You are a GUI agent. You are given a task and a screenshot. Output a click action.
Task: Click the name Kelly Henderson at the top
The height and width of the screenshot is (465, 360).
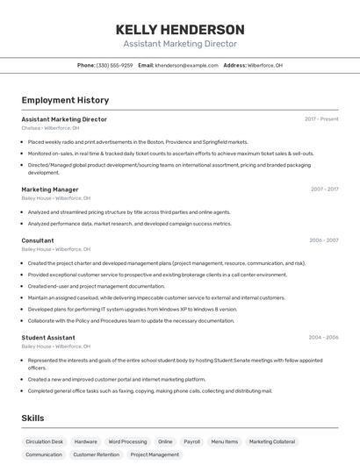pyautogui.click(x=180, y=29)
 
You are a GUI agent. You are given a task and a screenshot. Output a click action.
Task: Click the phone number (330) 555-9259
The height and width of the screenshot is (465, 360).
pyautogui.click(x=114, y=65)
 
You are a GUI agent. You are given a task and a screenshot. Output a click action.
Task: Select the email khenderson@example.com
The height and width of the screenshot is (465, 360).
pyautogui.click(x=186, y=65)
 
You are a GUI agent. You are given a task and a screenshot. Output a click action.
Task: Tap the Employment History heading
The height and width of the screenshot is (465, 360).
pyautogui.click(x=65, y=100)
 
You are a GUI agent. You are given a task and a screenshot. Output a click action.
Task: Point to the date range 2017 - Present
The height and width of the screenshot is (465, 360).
pyautogui.click(x=321, y=119)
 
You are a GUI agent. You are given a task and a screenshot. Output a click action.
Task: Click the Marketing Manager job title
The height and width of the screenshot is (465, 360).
pyautogui.click(x=50, y=190)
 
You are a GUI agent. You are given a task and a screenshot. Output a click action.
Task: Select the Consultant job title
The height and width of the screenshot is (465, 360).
pyautogui.click(x=38, y=240)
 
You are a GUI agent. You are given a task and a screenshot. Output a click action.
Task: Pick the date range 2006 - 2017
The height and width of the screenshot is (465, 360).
pyautogui.click(x=324, y=240)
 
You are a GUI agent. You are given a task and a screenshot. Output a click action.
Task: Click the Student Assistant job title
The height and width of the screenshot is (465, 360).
pyautogui.click(x=48, y=338)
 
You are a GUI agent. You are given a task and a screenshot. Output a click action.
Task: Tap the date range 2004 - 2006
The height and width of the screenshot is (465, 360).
pyautogui.click(x=323, y=338)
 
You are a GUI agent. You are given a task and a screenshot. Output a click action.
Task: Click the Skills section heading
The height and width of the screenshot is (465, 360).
pyautogui.click(x=33, y=418)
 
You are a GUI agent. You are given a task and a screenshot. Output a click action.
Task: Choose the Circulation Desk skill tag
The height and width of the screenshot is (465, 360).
pyautogui.click(x=44, y=441)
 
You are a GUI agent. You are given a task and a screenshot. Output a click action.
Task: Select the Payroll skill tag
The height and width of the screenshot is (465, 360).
pyautogui.click(x=191, y=441)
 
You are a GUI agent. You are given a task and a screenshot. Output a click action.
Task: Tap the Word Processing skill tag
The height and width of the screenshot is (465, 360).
pyautogui.click(x=127, y=441)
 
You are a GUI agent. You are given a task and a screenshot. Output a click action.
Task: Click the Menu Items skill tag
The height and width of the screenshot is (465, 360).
pyautogui.click(x=224, y=441)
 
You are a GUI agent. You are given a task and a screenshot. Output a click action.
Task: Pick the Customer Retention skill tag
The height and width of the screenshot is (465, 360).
pyautogui.click(x=96, y=454)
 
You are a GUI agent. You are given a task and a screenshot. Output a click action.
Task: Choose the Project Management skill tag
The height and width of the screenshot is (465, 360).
pyautogui.click(x=155, y=454)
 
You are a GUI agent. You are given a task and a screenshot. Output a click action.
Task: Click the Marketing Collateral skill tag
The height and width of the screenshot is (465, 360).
pyautogui.click(x=272, y=441)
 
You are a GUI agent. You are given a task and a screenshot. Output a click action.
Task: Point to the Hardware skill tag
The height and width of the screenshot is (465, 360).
pyautogui.click(x=86, y=441)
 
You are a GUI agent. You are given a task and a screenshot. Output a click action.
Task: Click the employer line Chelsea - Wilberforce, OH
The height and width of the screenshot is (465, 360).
pyautogui.click(x=50, y=128)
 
